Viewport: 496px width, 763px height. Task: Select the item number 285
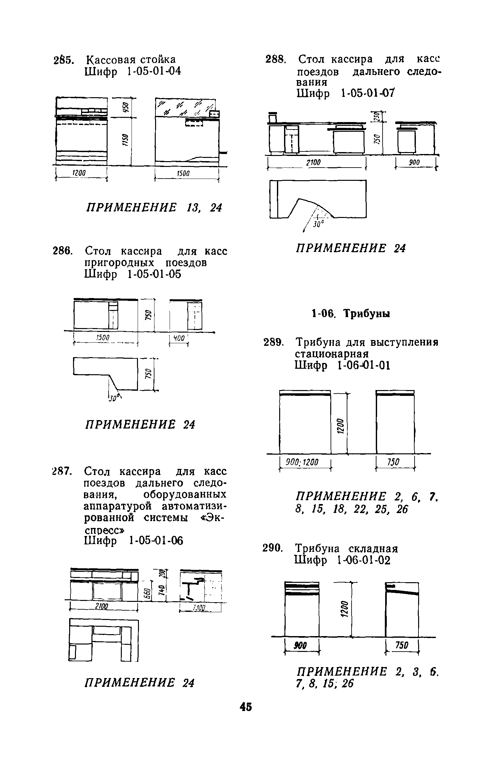tap(64, 60)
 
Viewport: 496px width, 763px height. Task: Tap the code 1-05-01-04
tap(153, 71)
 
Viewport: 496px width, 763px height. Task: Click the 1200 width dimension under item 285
tap(79, 173)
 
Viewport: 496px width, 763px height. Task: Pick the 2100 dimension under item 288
tap(313, 163)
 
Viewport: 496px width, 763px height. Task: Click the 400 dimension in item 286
tap(179, 338)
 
